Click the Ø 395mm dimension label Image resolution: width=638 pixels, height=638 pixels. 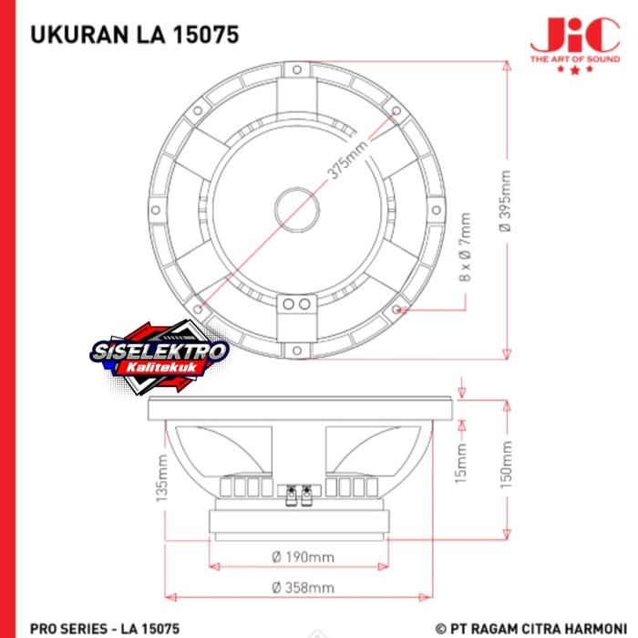point(505,202)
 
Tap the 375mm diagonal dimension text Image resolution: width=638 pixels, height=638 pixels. point(348,160)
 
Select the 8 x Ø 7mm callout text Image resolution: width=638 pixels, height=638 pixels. point(465,246)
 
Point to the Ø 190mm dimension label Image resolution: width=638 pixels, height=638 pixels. point(304,557)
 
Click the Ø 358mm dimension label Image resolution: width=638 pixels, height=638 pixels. point(304,588)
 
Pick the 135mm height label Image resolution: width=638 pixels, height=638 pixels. point(161,478)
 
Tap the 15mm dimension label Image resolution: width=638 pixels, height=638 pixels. point(461,464)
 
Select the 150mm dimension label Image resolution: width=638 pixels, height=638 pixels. point(506,465)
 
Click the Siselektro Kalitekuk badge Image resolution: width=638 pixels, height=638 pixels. point(159,357)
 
